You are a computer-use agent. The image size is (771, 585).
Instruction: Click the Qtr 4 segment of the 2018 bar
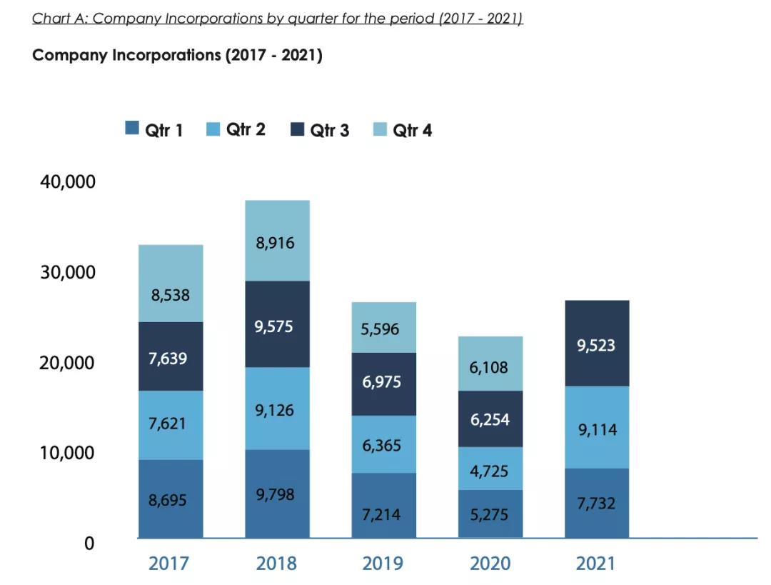(x=277, y=241)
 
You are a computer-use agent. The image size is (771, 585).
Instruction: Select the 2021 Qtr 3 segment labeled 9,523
(x=596, y=344)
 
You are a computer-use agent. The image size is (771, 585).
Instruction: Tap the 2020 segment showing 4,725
(x=490, y=469)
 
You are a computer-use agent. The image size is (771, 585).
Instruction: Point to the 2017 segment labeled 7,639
(x=171, y=356)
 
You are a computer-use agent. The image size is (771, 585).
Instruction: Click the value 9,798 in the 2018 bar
(x=275, y=494)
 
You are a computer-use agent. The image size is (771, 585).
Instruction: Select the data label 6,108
(x=489, y=367)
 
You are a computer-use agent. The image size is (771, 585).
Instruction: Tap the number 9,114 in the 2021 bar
(x=596, y=429)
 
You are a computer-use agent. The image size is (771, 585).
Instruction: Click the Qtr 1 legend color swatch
(x=132, y=129)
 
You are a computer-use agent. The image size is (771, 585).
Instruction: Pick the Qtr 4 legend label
(x=412, y=130)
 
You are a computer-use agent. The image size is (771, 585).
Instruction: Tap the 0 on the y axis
(x=89, y=544)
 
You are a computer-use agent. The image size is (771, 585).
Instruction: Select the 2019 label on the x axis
(x=383, y=564)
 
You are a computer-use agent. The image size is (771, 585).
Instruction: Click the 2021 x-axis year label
(x=595, y=564)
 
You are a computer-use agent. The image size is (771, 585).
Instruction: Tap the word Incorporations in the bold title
(x=166, y=55)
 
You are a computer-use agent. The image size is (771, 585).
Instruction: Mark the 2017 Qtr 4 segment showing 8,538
(x=171, y=294)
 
